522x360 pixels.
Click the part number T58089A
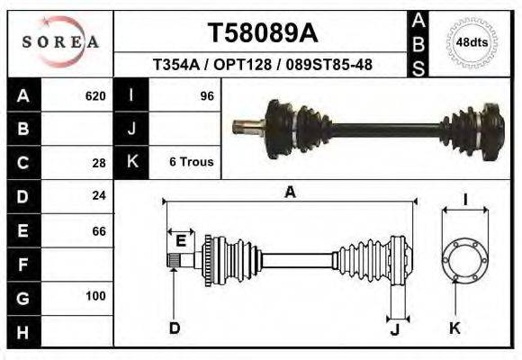tap(263, 33)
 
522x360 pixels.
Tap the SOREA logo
tap(59, 41)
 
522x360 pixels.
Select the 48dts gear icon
tap(472, 41)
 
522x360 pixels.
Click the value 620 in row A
tap(94, 96)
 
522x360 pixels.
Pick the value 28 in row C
tap(99, 163)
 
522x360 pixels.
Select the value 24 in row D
tap(99, 195)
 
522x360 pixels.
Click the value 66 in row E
tap(99, 230)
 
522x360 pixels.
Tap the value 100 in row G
tap(95, 296)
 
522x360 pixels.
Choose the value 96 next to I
tap(206, 96)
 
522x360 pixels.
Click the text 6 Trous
tap(191, 162)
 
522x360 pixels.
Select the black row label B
tap(23, 130)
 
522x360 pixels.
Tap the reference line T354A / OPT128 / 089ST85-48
tap(264, 66)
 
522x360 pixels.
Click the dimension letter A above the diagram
tap(290, 192)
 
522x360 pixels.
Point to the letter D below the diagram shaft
tap(174, 328)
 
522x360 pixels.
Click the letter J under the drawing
tap(394, 328)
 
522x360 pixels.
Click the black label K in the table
tap(132, 163)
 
